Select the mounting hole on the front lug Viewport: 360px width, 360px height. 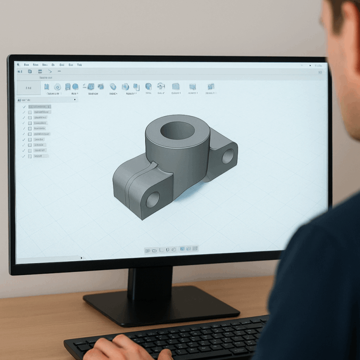point(153,199)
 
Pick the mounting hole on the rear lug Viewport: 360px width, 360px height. point(228,156)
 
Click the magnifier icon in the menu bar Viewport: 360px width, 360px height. point(19,65)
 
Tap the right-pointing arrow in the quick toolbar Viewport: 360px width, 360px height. point(50,71)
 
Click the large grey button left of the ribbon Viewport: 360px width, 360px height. point(29,88)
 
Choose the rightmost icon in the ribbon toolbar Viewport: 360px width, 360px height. point(210,86)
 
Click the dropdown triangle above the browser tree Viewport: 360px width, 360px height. point(75,100)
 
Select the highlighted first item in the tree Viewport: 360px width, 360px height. point(39,107)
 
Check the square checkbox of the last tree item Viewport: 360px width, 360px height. point(30,156)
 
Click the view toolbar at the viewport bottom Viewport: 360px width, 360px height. point(172,250)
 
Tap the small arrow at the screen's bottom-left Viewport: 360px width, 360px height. point(81,258)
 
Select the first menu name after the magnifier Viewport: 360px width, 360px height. point(26,65)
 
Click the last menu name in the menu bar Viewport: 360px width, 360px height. point(79,65)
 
